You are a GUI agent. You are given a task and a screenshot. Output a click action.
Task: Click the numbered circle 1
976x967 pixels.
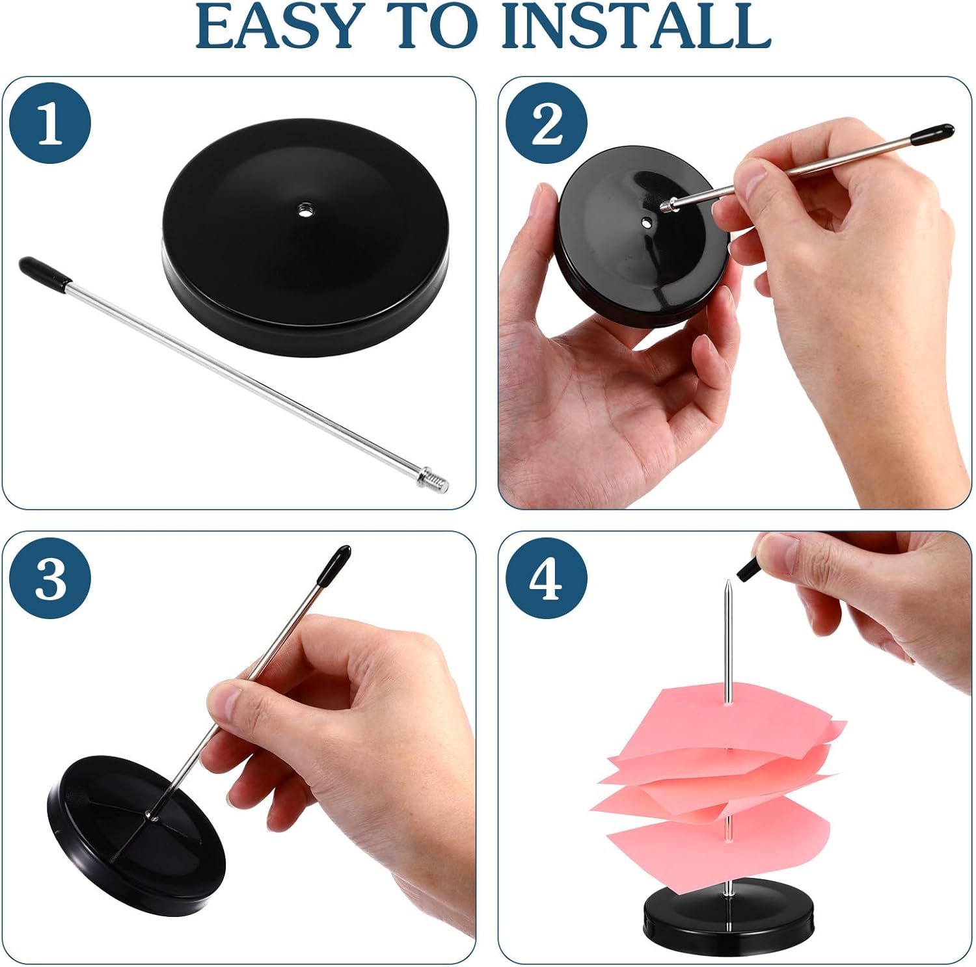(x=51, y=124)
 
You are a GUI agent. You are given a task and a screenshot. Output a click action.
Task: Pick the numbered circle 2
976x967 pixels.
(x=547, y=124)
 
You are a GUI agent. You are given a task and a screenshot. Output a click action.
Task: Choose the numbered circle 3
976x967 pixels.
(x=51, y=578)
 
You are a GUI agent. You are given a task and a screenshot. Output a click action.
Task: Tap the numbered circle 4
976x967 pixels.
(x=547, y=578)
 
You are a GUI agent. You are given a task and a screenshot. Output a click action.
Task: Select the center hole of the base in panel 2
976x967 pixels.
(x=645, y=222)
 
